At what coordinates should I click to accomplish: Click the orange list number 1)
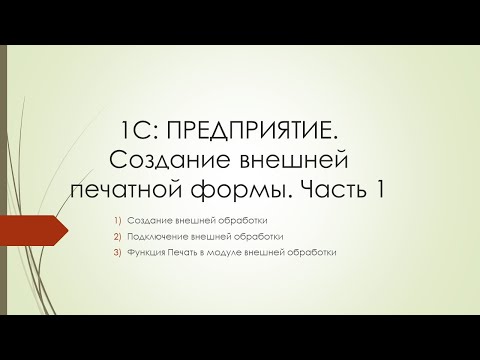[116, 219]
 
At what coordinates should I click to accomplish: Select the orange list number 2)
[116, 236]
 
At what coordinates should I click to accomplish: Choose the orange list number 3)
[116, 252]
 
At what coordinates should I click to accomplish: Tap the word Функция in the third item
[144, 252]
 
